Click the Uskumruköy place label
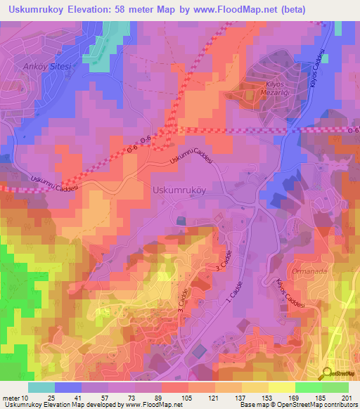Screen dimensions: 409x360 [179, 190]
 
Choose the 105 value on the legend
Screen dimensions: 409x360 [188, 399]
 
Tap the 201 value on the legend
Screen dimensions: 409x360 [346, 399]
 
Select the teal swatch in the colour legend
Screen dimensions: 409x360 [41, 387]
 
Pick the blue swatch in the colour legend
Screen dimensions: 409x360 [68, 387]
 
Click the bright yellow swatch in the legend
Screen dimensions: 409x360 [282, 387]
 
